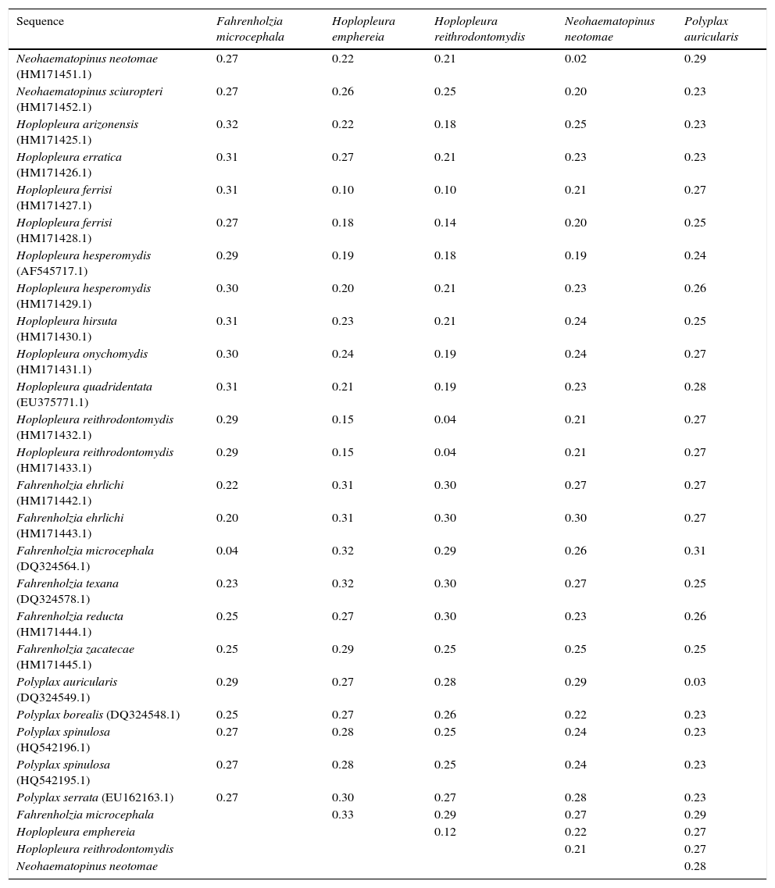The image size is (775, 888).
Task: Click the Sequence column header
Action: [40, 21]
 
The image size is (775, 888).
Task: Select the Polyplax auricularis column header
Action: [711, 29]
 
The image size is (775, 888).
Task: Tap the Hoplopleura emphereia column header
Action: [363, 29]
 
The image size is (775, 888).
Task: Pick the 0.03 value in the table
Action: [694, 682]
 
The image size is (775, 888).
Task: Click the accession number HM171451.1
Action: [54, 74]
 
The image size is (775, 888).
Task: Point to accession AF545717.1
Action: [52, 271]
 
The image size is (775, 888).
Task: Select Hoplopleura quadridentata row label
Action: [84, 387]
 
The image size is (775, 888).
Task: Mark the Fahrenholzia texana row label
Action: [67, 583]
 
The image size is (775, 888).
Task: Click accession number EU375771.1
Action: [52, 402]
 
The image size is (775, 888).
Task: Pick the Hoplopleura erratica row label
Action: [69, 157]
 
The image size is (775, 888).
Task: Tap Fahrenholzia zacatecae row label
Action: [75, 649]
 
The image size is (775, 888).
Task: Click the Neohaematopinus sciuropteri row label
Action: [89, 91]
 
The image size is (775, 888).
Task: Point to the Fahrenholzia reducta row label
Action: [70, 616]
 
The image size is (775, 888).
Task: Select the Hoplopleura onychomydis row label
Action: [82, 354]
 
